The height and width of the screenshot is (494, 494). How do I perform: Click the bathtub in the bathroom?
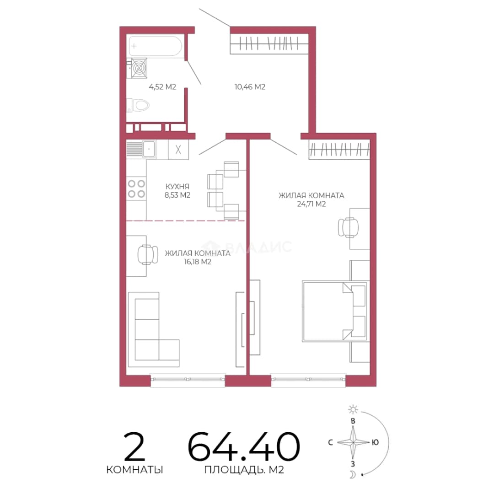[x=155, y=46]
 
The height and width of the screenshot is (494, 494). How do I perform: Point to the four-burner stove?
[x=136, y=188]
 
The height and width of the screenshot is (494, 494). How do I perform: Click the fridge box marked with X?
[x=178, y=149]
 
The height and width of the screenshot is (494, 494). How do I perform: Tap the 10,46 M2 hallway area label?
[x=250, y=86]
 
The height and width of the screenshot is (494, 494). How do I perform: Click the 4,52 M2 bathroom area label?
[x=162, y=86]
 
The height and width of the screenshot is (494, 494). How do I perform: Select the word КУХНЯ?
[x=177, y=187]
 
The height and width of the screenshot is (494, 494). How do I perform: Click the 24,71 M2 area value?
[x=311, y=204]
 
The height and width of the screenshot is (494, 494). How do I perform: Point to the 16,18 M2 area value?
[x=198, y=262]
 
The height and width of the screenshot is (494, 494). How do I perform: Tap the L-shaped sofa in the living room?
[x=153, y=329]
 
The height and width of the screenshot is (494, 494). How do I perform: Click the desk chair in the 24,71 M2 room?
[x=348, y=227]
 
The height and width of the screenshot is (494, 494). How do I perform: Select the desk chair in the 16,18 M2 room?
[x=148, y=255]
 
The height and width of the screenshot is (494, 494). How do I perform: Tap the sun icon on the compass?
[x=353, y=409]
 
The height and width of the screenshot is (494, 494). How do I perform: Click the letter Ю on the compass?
[x=375, y=443]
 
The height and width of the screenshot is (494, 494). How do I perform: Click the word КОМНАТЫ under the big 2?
[x=134, y=470]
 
